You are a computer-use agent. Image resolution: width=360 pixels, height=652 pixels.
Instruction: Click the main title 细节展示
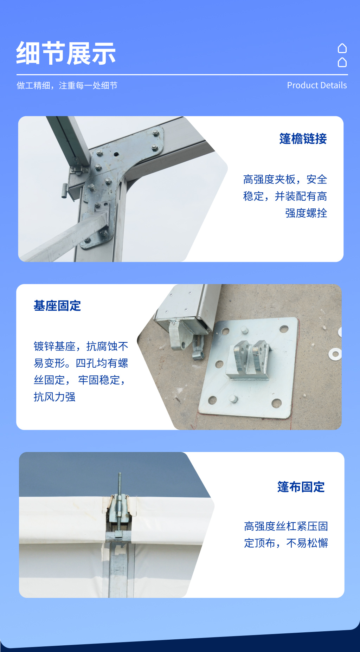click(66, 53)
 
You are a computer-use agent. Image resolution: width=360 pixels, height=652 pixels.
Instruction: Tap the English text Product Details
click(316, 85)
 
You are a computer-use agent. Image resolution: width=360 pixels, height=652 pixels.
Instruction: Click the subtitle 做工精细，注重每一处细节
click(67, 85)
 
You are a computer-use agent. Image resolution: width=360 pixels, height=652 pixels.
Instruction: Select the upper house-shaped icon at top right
click(342, 48)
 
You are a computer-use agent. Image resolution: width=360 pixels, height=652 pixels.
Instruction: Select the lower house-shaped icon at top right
click(342, 62)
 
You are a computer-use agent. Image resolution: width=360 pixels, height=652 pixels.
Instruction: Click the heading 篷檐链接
click(303, 139)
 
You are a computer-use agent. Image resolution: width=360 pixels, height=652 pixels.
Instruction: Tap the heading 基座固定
click(57, 306)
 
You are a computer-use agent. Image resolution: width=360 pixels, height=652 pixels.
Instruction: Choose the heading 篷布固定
click(301, 487)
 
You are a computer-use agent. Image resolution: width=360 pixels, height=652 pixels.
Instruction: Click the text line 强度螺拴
click(306, 213)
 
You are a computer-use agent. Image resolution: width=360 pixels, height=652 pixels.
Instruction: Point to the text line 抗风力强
click(54, 397)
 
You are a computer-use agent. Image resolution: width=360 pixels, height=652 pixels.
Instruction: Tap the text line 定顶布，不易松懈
click(286, 543)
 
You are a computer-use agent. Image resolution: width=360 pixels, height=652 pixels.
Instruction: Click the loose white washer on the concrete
click(335, 354)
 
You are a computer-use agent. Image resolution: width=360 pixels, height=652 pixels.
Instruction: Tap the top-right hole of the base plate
click(283, 329)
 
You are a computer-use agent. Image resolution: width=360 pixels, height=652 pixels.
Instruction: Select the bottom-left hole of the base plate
click(212, 400)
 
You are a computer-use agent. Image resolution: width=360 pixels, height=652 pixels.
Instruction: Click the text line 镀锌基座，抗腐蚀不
click(81, 346)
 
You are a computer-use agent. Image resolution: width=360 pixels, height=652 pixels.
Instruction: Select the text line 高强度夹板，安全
click(285, 180)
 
